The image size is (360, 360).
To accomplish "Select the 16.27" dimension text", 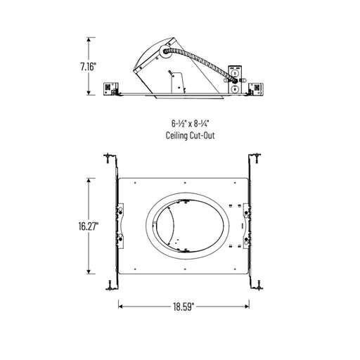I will click(89, 226).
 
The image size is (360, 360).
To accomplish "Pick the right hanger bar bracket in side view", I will click(256, 88).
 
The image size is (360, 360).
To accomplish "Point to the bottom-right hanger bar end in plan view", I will click(257, 283).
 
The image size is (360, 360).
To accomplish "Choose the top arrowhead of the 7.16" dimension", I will click(89, 39).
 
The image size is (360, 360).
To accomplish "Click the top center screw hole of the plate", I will click(184, 184).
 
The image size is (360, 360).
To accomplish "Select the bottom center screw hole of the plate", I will click(184, 269).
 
